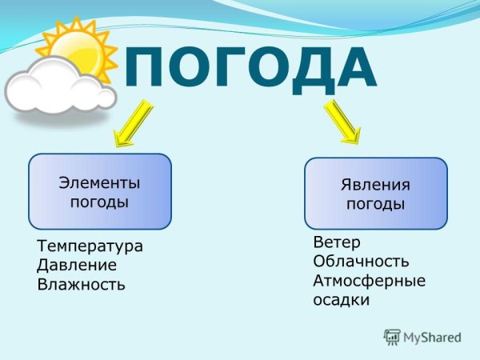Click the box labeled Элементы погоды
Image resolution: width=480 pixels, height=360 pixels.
[x=100, y=191]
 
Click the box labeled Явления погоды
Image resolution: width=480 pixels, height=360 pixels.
[x=375, y=194]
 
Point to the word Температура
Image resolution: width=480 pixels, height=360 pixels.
[x=90, y=246]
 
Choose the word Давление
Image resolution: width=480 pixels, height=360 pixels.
[x=77, y=265]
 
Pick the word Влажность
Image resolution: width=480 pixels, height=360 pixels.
[x=81, y=284]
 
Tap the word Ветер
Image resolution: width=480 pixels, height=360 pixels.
[x=337, y=242]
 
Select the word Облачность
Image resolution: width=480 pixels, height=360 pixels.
[x=361, y=262]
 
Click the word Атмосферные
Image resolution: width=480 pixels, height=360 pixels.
[x=369, y=281]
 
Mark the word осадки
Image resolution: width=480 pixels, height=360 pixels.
[x=341, y=301]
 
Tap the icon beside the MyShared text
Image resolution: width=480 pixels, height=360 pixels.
[x=391, y=337]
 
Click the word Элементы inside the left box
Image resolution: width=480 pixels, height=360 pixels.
[x=100, y=182]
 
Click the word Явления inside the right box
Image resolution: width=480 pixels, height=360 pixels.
[x=375, y=185]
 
